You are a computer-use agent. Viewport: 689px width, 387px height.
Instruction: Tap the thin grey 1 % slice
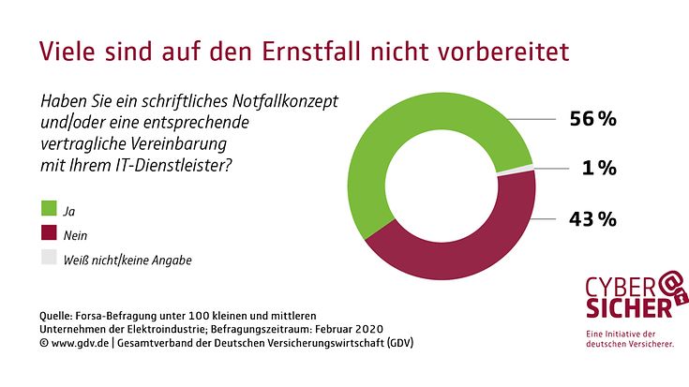516,171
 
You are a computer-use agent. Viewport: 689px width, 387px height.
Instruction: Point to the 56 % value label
592,119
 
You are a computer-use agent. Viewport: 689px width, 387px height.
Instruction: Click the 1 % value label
599,168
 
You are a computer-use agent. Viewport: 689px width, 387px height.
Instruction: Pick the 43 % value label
592,218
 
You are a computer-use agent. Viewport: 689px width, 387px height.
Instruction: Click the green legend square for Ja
49,208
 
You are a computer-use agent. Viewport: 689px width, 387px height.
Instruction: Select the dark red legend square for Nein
49,232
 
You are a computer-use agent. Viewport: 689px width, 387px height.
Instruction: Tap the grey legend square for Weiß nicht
49,258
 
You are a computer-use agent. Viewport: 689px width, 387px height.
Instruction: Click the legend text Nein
75,235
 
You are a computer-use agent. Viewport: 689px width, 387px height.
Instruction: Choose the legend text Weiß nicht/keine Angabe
127,260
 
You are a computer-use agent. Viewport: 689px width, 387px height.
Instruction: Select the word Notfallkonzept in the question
285,101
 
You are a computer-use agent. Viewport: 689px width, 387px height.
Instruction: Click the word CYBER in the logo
621,290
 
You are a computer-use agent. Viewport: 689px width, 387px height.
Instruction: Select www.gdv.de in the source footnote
80,343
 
